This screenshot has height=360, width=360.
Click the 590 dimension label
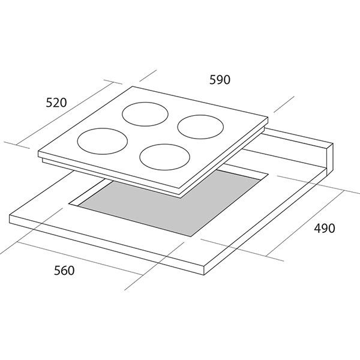(x=220, y=80)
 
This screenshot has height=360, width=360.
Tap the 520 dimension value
(x=56, y=103)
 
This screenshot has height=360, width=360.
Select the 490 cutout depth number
(x=325, y=228)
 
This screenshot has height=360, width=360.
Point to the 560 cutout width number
(x=64, y=270)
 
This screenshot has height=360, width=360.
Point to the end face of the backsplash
(x=329, y=158)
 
